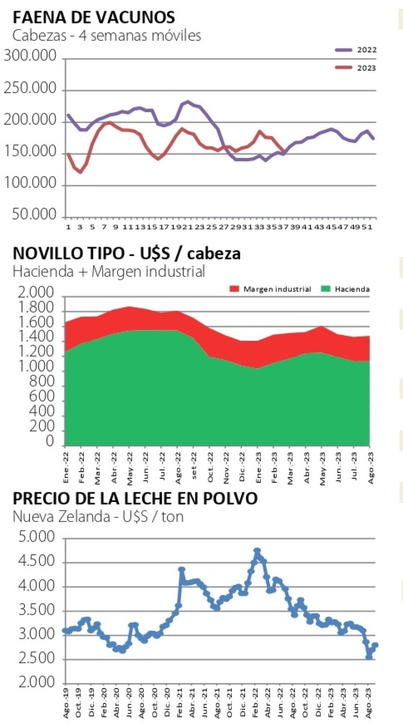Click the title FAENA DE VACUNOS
coord(94,18)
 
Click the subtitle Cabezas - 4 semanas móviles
coord(107,36)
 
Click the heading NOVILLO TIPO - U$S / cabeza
coord(127,254)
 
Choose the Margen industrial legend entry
coord(272,289)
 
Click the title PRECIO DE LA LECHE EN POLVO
coord(135,499)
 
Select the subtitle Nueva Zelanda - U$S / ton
coord(98,516)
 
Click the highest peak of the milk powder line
coord(257,551)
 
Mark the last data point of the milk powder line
coord(375,645)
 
